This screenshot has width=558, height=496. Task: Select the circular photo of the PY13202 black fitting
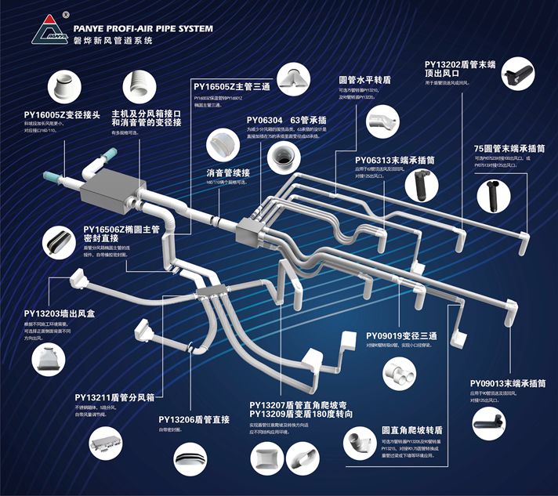[513, 76]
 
